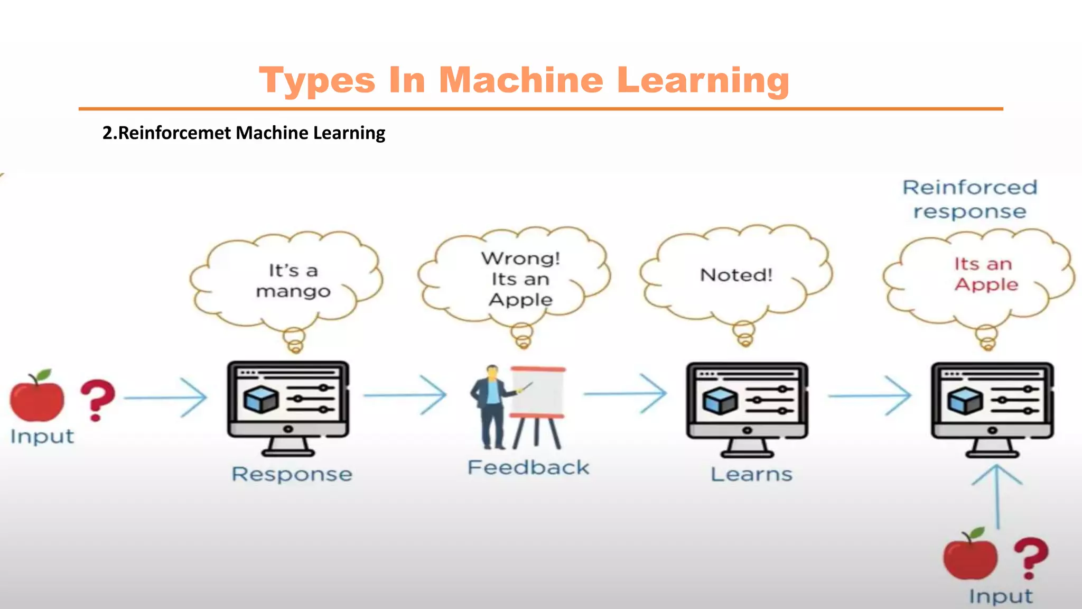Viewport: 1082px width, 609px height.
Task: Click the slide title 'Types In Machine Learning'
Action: click(524, 80)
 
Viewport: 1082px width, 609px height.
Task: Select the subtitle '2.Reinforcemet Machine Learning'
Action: click(244, 133)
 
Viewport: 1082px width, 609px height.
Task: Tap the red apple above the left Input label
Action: click(37, 398)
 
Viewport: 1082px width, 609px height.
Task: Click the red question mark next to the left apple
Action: click(97, 400)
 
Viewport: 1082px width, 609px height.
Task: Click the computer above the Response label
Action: click(288, 407)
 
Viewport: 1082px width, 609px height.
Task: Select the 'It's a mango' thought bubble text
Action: click(293, 281)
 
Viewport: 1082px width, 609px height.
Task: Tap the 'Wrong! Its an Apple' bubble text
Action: click(520, 279)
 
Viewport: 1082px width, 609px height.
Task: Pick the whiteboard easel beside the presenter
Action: click(538, 404)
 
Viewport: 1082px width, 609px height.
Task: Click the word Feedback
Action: click(528, 467)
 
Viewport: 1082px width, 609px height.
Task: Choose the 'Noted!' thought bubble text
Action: click(736, 275)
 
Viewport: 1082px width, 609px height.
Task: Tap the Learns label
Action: click(751, 474)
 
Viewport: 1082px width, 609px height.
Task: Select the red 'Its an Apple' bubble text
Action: click(985, 274)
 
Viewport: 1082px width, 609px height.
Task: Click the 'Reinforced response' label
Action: click(970, 199)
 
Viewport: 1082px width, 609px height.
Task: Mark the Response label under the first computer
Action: click(292, 474)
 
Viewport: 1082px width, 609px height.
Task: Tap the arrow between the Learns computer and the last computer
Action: click(870, 395)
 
